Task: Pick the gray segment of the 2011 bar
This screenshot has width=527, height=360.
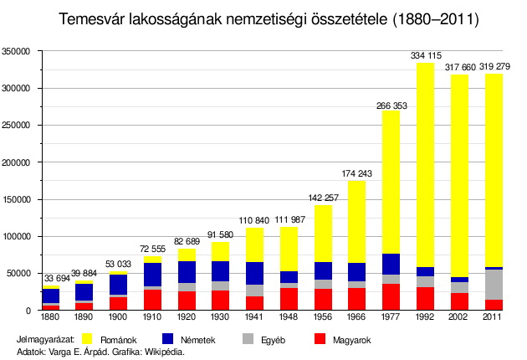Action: click(x=494, y=285)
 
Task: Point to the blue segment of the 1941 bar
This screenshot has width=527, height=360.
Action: click(x=254, y=273)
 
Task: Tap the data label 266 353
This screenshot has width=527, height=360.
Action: click(x=391, y=105)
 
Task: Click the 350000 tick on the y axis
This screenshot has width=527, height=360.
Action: click(x=18, y=52)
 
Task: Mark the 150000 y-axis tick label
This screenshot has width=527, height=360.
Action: click(x=18, y=199)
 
